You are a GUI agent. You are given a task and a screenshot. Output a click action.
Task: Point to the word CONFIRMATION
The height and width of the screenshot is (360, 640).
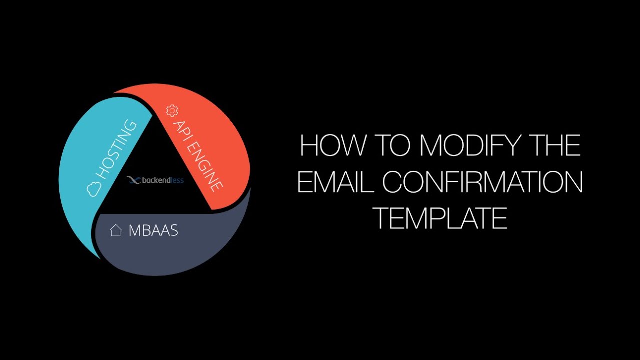483,182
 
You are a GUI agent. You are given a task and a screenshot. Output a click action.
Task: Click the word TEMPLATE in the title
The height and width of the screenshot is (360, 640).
441,218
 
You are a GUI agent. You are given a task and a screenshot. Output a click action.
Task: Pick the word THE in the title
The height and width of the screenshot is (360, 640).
553,146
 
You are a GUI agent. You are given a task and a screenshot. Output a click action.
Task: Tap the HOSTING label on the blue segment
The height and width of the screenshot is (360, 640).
116,150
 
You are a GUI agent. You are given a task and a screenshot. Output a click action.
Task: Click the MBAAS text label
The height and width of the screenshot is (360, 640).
153,231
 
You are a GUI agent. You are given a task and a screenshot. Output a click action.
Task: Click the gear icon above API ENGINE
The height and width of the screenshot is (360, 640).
172,110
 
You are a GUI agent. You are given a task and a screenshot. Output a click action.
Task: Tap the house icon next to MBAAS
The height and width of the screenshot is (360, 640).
116,231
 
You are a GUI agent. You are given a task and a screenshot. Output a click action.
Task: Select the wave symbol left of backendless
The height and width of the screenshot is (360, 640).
132,180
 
